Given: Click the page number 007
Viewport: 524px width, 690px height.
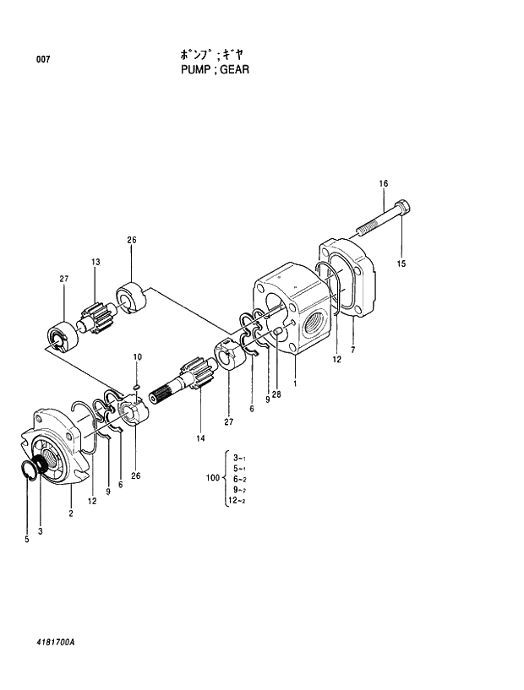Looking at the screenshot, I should coord(43,60).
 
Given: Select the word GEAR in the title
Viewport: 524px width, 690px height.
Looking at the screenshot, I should coord(232,71).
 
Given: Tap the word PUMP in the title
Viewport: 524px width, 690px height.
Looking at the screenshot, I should coord(195,71).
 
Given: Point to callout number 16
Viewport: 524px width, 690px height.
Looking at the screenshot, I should coord(383,184).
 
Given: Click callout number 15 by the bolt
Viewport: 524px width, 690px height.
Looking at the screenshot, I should coord(401,264).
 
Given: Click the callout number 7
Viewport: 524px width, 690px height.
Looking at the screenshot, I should coord(352,350).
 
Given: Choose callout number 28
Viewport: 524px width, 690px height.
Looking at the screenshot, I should coord(276,395).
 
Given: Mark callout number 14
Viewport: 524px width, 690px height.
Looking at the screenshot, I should coord(200,438).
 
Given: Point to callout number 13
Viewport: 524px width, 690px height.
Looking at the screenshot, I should coord(96,263).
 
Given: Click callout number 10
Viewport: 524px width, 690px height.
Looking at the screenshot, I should coord(138,357).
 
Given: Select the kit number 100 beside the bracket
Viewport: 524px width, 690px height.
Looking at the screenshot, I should coord(213,479).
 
